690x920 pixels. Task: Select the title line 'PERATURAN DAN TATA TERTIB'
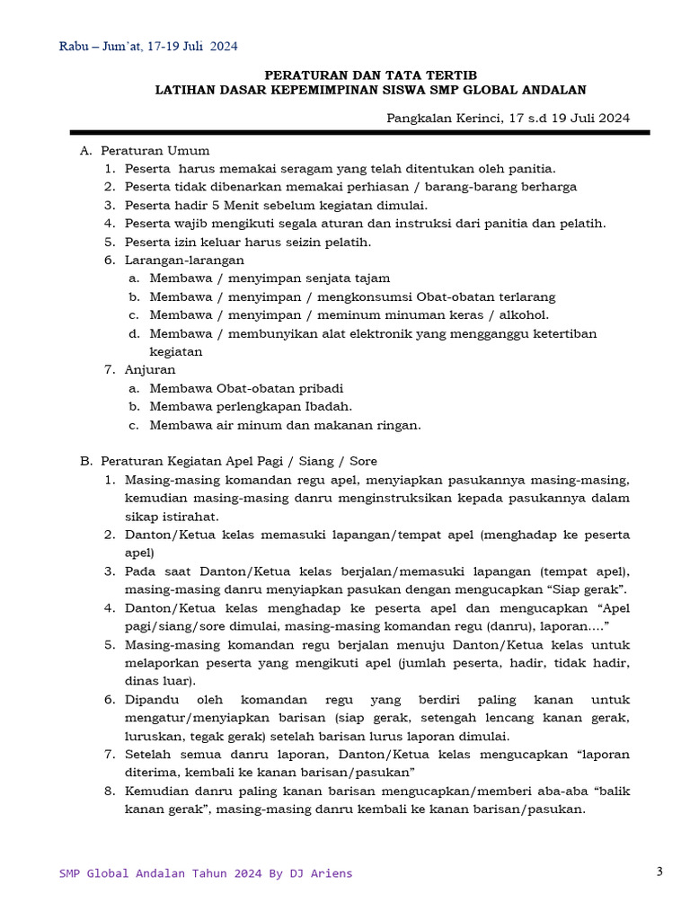tap(370, 75)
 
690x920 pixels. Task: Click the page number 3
tap(659, 871)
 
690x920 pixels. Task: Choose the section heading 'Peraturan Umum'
tap(155, 150)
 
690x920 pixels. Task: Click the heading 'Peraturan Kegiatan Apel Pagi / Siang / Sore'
tap(239, 461)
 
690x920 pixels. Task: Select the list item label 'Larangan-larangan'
tap(184, 260)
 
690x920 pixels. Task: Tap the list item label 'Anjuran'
tap(150, 369)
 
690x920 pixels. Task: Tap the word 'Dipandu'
tap(149, 699)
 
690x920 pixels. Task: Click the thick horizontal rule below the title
tap(360, 132)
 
